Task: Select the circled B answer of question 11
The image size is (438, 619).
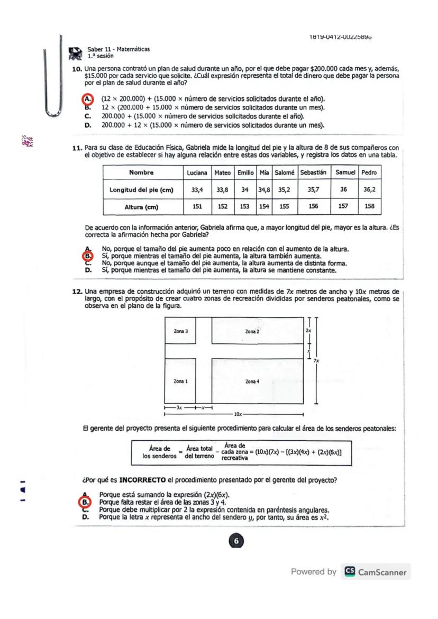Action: tap(88, 256)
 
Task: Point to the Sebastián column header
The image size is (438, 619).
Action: tap(313, 172)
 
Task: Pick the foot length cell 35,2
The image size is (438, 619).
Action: tap(285, 189)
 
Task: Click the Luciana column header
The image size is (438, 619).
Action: tap(197, 172)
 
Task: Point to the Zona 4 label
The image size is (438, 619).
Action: tap(252, 381)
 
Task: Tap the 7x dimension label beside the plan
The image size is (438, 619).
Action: tap(316, 360)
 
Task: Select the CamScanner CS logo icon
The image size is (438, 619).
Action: tap(350, 572)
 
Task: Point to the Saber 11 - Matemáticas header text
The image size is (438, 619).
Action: tap(118, 49)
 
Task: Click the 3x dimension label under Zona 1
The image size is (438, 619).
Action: tap(179, 408)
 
